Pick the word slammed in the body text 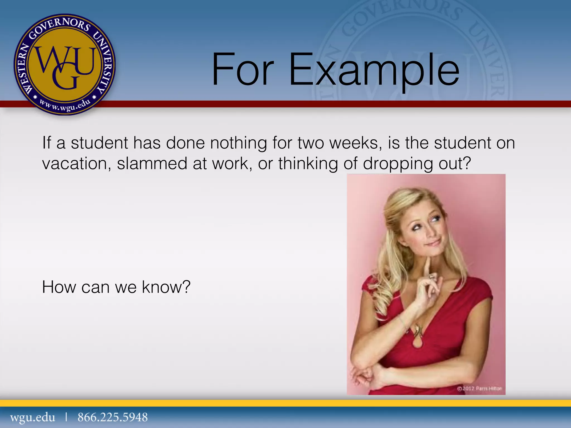(x=152, y=164)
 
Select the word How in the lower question (x=59, y=287)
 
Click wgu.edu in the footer (x=33, y=417)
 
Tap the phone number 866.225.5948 (x=113, y=417)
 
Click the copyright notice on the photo (x=479, y=388)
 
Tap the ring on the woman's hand (x=431, y=277)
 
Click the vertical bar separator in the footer (x=66, y=417)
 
